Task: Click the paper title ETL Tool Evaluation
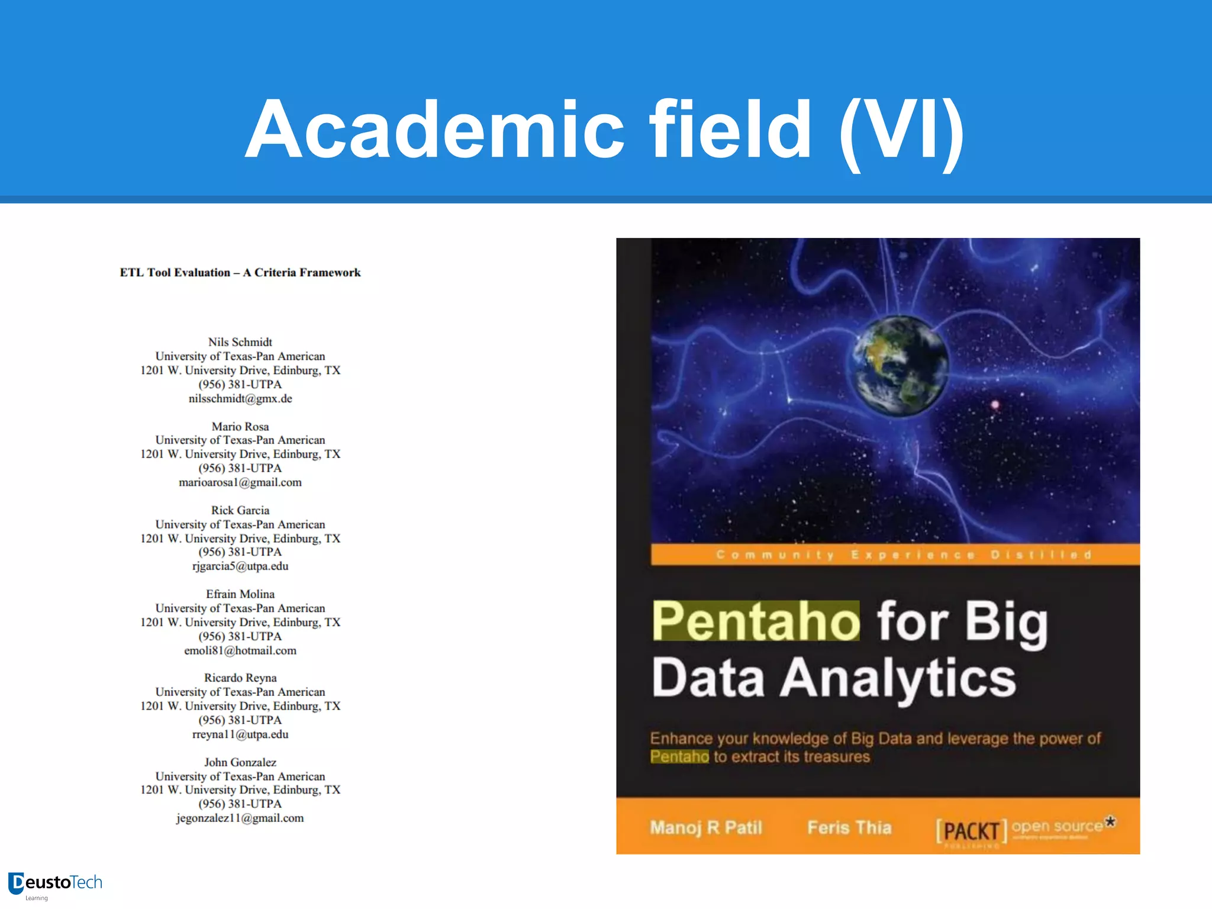[240, 273]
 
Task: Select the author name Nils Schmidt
[240, 342]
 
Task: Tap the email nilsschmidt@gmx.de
[240, 399]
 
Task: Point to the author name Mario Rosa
[240, 427]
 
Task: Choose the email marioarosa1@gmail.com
[240, 482]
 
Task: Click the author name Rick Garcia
[240, 510]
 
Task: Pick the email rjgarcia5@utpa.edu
[240, 566]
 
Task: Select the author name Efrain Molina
[240, 594]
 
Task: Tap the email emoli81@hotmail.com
[240, 650]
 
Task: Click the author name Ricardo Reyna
[240, 678]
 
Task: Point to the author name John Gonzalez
[240, 762]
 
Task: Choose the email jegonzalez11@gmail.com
[240, 818]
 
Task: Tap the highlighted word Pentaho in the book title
[756, 621]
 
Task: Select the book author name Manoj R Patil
[706, 827]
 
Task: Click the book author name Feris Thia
[849, 827]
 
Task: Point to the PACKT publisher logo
[971, 831]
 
